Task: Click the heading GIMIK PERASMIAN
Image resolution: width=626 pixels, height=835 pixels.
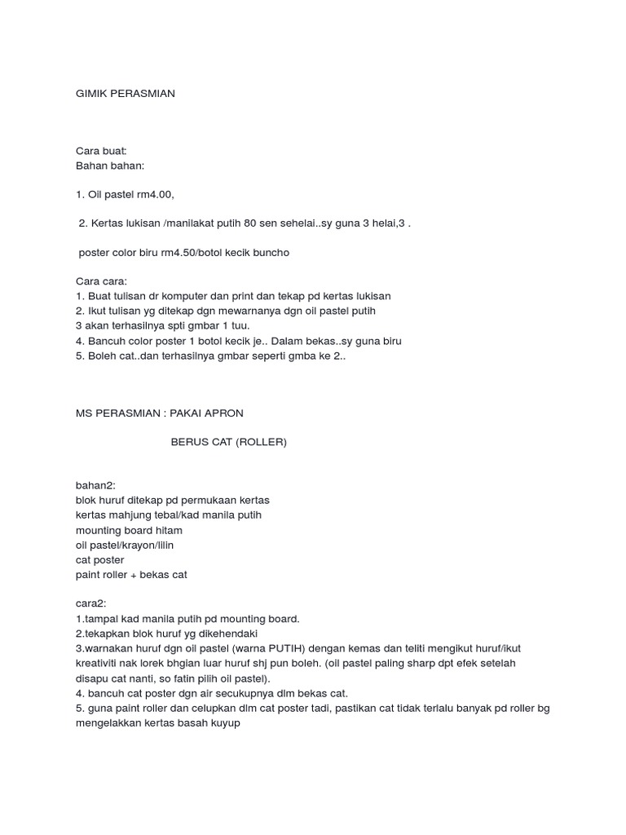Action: click(x=125, y=94)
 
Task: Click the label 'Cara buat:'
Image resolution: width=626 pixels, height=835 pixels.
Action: click(x=101, y=151)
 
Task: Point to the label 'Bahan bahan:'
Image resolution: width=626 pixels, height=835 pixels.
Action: click(x=109, y=166)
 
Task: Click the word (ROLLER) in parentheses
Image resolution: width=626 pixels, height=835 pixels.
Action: click(x=261, y=443)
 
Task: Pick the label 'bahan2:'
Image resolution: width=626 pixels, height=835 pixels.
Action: click(x=96, y=485)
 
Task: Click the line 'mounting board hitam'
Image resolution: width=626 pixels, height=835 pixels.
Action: click(x=129, y=530)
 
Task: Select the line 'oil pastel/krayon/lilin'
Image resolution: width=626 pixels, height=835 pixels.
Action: click(x=125, y=545)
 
